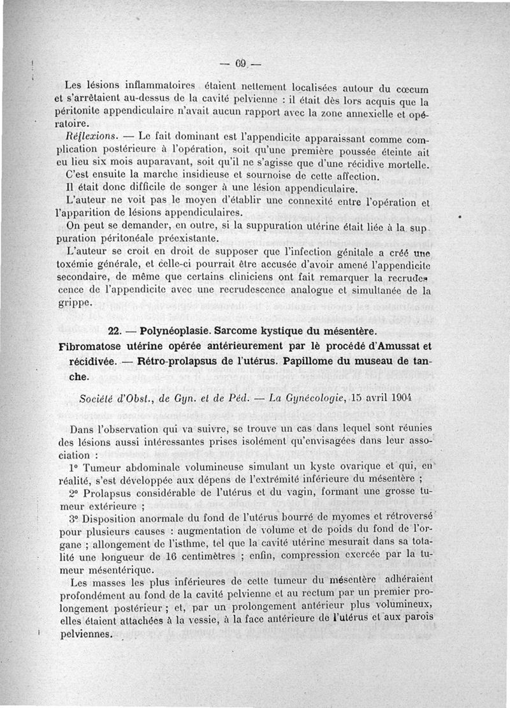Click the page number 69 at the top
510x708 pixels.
[240, 63]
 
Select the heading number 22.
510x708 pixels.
[117, 332]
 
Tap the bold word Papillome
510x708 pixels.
[317, 362]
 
